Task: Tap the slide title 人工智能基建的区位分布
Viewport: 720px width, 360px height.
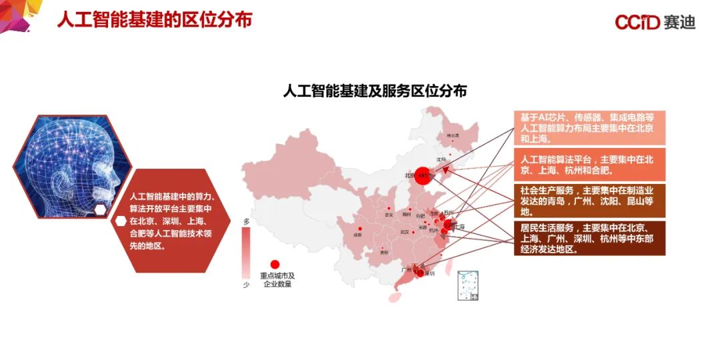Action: click(155, 20)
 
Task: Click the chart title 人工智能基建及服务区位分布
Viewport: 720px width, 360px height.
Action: click(375, 91)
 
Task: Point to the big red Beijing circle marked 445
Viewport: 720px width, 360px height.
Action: click(423, 176)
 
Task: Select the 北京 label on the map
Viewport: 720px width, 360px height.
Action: click(409, 176)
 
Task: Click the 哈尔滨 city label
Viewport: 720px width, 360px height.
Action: click(453, 135)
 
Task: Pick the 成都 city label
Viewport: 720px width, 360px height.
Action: click(358, 235)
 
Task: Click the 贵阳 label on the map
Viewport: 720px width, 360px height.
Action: click(383, 252)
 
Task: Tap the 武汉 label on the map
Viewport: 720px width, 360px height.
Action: click(404, 231)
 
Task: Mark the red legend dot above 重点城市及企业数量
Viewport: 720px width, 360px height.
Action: click(275, 265)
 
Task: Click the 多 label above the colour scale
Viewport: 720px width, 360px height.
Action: click(246, 221)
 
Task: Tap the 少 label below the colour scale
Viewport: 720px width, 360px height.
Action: click(246, 285)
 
